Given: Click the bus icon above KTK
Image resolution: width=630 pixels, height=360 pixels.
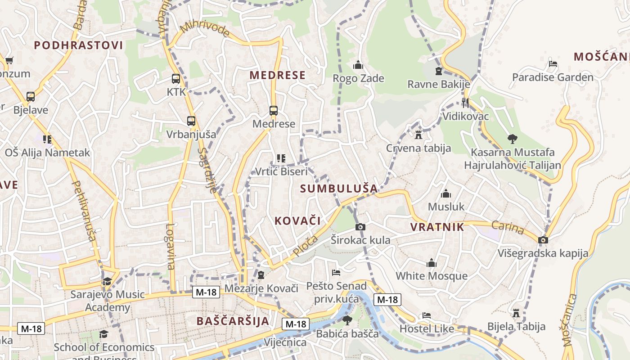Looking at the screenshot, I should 176,79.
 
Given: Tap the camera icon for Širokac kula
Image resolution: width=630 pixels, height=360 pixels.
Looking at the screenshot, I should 360,227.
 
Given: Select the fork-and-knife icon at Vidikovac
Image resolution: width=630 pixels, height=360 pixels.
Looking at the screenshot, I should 465,103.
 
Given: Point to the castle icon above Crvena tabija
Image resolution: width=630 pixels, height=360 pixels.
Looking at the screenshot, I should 418,135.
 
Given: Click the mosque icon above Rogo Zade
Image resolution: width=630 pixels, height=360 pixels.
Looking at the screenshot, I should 358,65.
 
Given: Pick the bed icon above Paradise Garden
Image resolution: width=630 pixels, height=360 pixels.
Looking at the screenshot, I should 553,64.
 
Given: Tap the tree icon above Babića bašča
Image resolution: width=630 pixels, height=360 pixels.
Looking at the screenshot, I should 347,320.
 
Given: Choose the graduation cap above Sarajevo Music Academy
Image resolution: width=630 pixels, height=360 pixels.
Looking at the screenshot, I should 107,282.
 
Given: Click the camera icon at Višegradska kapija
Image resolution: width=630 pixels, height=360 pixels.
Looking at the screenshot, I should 543,240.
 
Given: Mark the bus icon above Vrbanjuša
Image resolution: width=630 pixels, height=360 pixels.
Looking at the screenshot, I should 191,121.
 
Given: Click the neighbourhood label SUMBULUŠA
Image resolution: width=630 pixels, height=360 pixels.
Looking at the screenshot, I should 339,189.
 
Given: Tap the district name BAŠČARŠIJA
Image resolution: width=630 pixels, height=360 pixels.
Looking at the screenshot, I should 233,321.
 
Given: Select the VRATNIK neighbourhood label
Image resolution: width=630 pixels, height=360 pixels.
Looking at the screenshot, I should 437,227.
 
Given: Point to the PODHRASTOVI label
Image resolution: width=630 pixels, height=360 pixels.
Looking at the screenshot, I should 78,45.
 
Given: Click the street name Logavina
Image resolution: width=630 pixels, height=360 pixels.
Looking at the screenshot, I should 170,246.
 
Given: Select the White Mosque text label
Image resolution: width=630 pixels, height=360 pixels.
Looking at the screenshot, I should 432,276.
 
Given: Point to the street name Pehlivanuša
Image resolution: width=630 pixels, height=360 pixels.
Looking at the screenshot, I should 84,211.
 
